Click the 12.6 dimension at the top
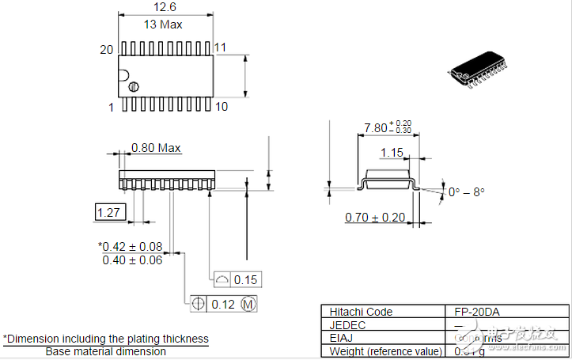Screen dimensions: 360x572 165,7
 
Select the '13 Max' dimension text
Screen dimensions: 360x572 163,25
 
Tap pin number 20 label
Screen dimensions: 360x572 107,49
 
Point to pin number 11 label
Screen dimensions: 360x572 220,47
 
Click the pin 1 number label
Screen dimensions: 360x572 112,107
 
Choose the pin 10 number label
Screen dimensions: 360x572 222,106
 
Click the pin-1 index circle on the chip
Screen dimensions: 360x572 134,85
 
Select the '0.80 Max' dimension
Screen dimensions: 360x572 156,148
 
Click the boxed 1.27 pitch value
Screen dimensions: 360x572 107,212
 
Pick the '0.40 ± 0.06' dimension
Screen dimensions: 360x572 132,260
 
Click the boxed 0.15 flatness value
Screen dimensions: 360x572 247,279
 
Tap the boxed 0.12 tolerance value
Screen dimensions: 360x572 224,304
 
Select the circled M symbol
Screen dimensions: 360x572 248,304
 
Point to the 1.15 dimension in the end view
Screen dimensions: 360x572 392,152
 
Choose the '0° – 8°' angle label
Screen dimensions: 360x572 466,192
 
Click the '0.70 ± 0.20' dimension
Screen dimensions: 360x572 375,218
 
